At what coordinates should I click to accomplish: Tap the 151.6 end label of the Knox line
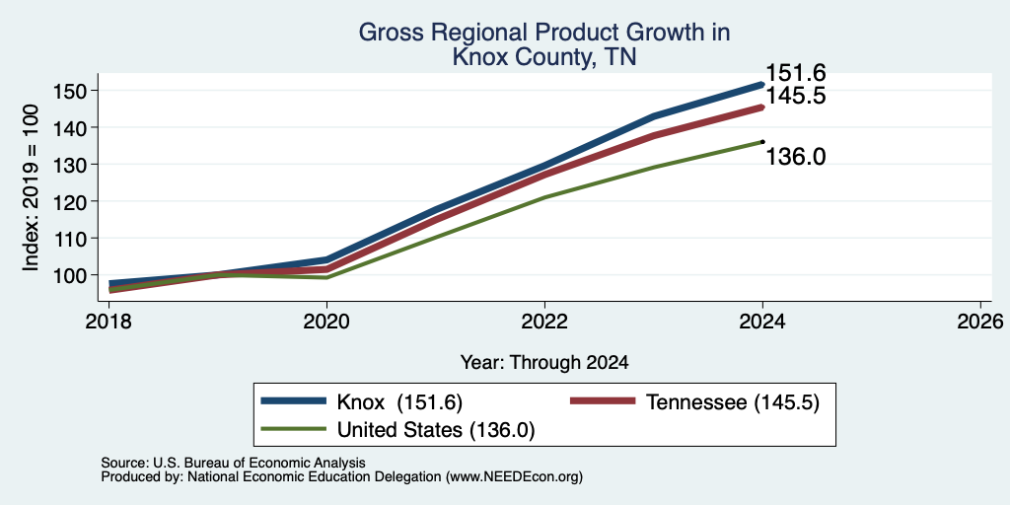click(796, 73)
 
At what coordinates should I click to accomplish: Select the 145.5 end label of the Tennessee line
click(796, 97)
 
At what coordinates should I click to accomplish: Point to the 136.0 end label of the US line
click(796, 156)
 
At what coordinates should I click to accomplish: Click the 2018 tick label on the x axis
click(108, 321)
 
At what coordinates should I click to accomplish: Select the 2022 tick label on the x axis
click(544, 321)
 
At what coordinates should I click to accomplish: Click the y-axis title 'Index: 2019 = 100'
click(31, 188)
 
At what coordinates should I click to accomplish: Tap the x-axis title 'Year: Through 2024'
click(544, 363)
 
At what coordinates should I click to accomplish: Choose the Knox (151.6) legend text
click(399, 402)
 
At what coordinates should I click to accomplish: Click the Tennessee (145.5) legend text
click(733, 402)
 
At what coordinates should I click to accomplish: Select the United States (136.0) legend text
click(436, 429)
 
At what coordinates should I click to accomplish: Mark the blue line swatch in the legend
click(294, 400)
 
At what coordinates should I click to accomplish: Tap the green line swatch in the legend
click(294, 427)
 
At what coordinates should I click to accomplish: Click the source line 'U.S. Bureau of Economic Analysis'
click(259, 463)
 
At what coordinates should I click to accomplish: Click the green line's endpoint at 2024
click(762, 142)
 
